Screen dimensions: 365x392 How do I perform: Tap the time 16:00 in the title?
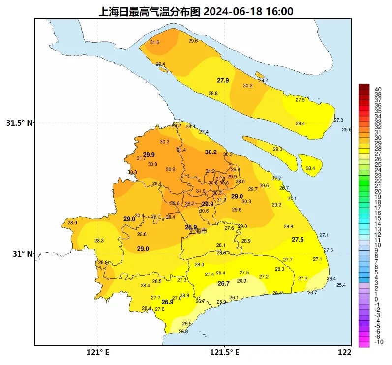[x=279, y=11]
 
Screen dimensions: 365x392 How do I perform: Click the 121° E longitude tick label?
[x=98, y=353]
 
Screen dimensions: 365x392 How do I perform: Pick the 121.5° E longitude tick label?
[x=225, y=353]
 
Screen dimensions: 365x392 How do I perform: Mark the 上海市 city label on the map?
[x=199, y=231]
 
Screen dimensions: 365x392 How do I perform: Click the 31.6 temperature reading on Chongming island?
[x=154, y=43]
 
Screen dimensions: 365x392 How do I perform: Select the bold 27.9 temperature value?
[x=223, y=80]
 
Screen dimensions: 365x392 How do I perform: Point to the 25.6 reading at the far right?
[x=347, y=130]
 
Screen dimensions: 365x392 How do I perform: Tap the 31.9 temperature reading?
[x=201, y=191]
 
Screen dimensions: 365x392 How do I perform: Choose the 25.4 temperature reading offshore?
[x=341, y=285]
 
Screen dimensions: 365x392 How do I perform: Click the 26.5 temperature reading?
[x=187, y=324]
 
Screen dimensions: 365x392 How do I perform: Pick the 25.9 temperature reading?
[x=221, y=302]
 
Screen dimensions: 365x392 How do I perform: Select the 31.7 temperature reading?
[x=141, y=158]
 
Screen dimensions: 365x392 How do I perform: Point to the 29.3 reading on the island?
[x=277, y=149]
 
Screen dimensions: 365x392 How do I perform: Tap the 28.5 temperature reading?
[x=157, y=281]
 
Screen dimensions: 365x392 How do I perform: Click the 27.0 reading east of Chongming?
[x=338, y=120]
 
